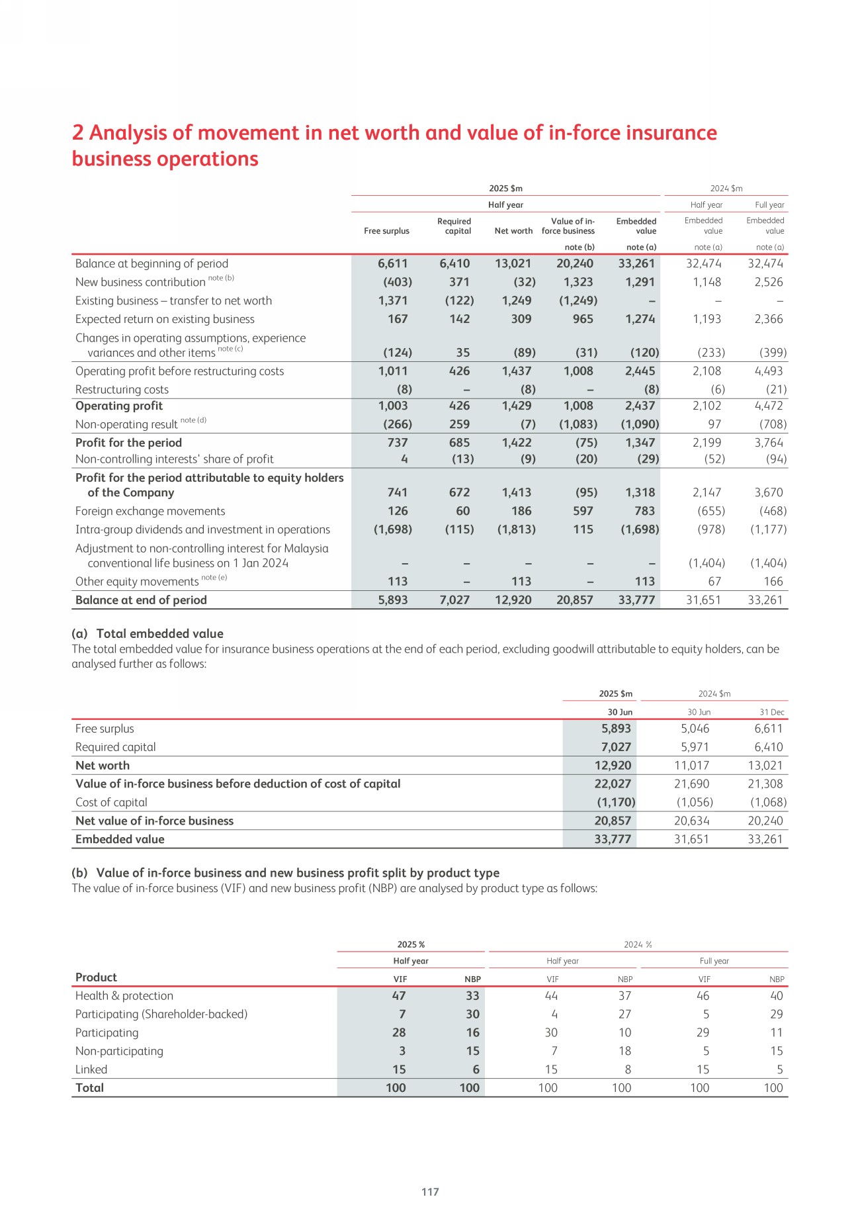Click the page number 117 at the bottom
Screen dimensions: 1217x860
point(430,1191)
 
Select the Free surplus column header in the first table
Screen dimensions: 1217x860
point(386,231)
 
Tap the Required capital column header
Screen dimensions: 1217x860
point(454,226)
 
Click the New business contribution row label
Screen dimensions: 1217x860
point(140,282)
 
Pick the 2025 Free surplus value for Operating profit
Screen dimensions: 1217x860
point(393,406)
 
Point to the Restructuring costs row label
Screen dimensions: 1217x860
point(122,390)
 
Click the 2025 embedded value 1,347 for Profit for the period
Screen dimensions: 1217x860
point(640,443)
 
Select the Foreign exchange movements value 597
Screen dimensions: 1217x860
point(583,511)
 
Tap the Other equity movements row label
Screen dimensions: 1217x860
point(137,582)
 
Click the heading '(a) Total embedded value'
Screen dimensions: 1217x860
point(148,633)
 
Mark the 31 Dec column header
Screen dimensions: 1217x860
point(771,712)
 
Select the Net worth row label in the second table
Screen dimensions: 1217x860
point(103,766)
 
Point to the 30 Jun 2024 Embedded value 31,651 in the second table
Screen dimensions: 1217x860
point(691,839)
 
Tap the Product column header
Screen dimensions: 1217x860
point(96,977)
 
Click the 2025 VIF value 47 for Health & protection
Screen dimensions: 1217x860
point(399,996)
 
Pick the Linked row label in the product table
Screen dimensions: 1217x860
point(91,1069)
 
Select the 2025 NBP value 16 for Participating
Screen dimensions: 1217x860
point(472,1032)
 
